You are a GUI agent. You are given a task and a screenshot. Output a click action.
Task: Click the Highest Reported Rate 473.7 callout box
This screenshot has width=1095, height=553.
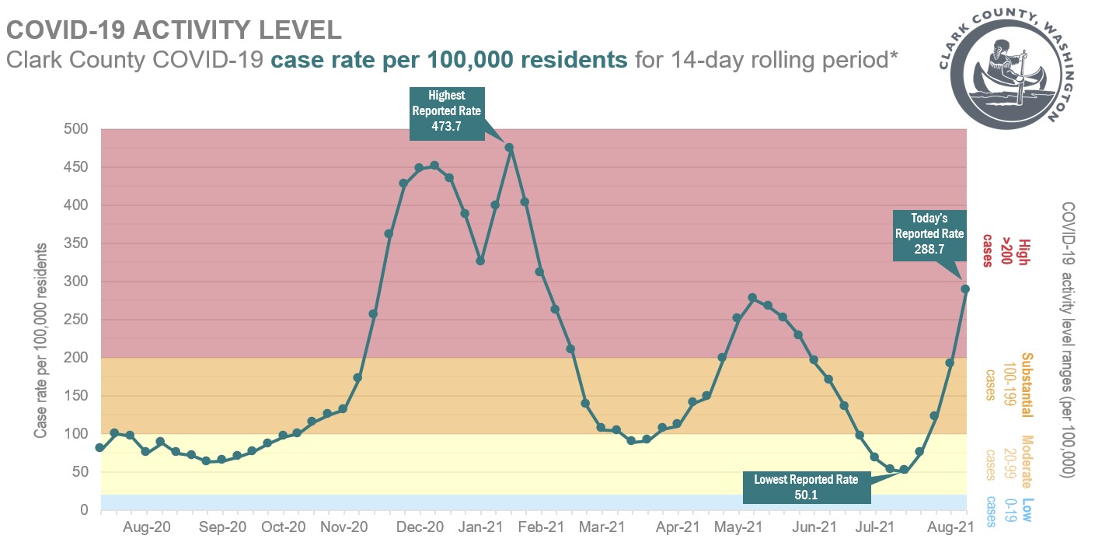coord(446,114)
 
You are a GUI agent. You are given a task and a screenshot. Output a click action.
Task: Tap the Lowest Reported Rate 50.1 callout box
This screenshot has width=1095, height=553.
coord(806,486)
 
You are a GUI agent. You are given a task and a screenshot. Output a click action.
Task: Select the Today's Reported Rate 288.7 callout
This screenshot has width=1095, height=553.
coord(929,235)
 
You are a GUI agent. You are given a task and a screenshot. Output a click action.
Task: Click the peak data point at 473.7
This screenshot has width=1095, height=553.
coord(510,147)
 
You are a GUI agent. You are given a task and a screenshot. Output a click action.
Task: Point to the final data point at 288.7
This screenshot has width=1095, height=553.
coord(965,289)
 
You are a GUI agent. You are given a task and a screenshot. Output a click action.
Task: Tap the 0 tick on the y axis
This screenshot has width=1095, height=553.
coord(85,510)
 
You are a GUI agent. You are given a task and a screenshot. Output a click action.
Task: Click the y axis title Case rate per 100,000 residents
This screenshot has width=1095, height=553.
coord(40,339)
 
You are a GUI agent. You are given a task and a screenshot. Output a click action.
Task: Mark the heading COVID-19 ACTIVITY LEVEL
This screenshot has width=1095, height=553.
coord(174,30)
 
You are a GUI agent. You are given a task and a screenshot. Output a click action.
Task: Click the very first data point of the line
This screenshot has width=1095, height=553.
coord(99,448)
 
